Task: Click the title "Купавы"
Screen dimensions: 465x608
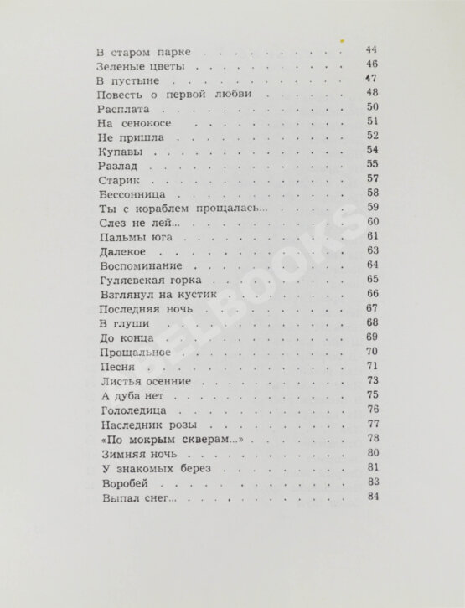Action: pos(116,152)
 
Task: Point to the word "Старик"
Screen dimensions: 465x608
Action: pos(117,180)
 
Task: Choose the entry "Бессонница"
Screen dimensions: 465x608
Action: pos(128,193)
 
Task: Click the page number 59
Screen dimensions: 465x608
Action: pos(374,208)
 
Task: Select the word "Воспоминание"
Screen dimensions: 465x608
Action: pos(135,265)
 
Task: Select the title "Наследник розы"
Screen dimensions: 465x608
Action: pos(141,425)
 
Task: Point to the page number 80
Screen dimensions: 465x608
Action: pos(374,453)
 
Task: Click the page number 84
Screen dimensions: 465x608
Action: pos(374,497)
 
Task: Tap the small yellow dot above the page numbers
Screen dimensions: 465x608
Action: pos(341,39)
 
